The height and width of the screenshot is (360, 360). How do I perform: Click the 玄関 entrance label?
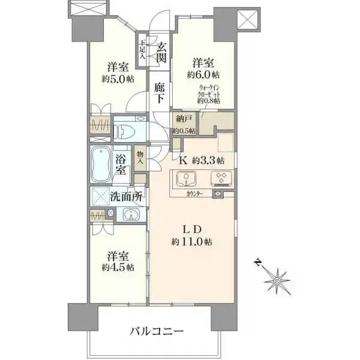(160, 51)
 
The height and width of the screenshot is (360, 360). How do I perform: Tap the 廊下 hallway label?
(160, 93)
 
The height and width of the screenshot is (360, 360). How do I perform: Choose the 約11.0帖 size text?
(191, 242)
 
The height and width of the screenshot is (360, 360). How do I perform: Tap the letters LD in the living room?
(191, 229)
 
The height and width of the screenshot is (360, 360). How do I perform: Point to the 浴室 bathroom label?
(122, 164)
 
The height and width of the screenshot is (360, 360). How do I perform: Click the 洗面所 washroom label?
(126, 196)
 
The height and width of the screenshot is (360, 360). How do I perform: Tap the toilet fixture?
(127, 130)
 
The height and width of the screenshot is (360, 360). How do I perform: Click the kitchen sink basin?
(187, 179)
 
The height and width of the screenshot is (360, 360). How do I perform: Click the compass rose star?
(278, 280)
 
